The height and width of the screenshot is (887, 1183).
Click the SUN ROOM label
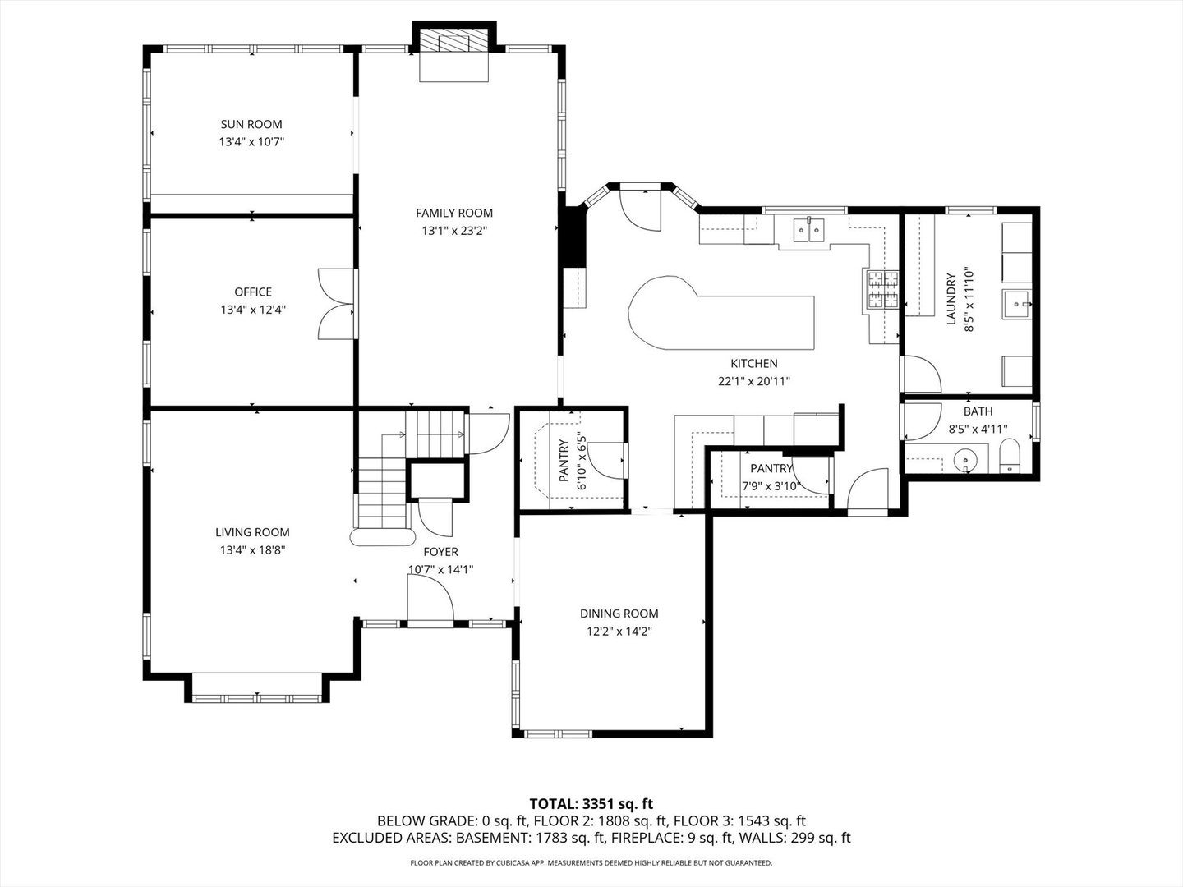coord(251,124)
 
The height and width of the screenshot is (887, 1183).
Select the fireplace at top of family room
coord(454,43)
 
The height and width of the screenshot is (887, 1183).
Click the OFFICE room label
coord(253,292)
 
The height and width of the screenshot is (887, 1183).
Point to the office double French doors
coord(337,303)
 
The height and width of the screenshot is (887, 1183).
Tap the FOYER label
coord(440,552)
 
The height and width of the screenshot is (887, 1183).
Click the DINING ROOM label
coord(619,614)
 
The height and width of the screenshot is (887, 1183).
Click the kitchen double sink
coord(810,232)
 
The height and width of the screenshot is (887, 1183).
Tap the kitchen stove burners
coord(881,289)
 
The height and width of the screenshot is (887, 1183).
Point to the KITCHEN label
coord(753,363)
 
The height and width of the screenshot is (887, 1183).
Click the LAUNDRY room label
coord(951,299)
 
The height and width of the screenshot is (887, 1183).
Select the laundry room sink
coord(1017,303)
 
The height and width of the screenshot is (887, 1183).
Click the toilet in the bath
coord(1010,457)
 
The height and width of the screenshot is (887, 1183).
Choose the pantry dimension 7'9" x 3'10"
coord(770,485)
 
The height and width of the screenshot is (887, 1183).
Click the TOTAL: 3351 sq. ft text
coord(591,803)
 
